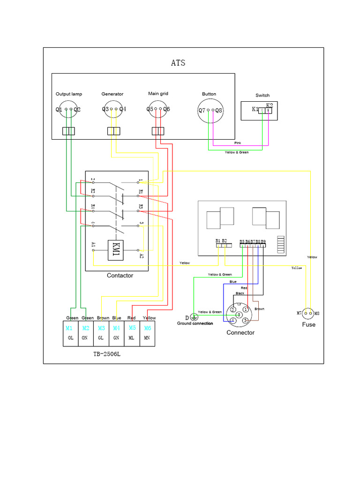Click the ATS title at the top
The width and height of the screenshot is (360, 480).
click(178, 63)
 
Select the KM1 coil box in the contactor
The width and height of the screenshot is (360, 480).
click(115, 249)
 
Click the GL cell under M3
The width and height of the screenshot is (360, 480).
click(101, 337)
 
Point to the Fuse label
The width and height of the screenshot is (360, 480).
click(308, 324)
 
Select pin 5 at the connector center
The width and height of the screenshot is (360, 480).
click(239, 315)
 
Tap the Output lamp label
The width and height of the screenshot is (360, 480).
click(68, 94)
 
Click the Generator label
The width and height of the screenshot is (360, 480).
click(112, 94)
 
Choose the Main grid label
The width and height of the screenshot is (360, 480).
click(158, 94)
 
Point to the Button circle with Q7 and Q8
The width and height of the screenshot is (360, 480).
click(210, 111)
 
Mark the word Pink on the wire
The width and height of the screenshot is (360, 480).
click(238, 142)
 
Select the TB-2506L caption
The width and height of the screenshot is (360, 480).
click(107, 354)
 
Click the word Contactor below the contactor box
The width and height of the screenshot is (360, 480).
click(120, 276)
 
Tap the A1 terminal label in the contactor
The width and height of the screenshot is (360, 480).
click(93, 244)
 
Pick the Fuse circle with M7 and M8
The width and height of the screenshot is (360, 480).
click(308, 313)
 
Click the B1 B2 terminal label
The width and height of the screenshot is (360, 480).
click(221, 241)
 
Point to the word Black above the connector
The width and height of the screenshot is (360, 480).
click(240, 293)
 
